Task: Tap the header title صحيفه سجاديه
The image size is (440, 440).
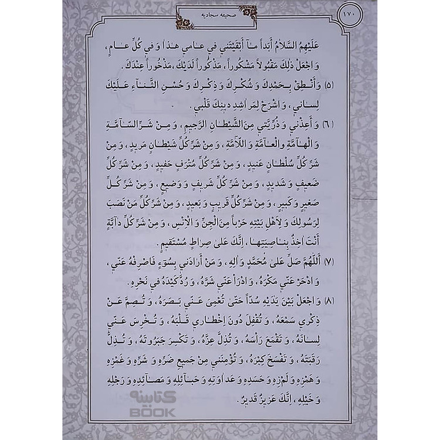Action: [220, 16]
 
